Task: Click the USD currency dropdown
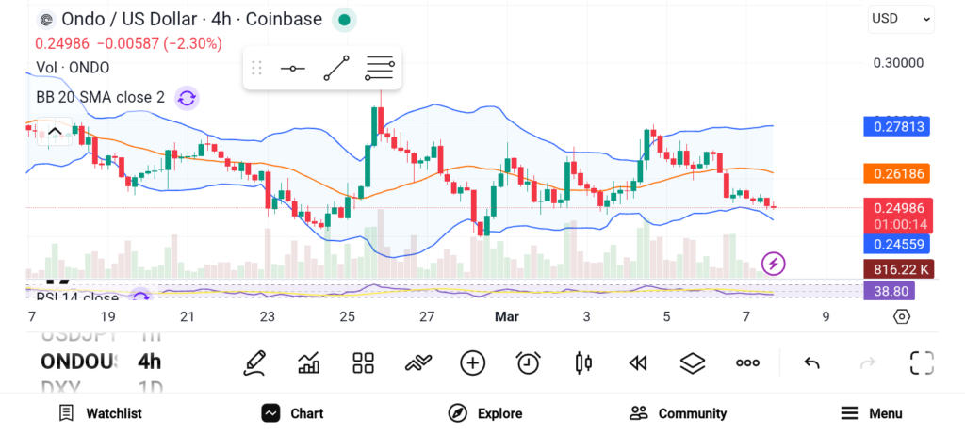click(901, 18)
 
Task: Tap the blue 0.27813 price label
click(898, 126)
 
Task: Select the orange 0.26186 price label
click(898, 173)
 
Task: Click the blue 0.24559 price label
click(898, 243)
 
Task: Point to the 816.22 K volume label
click(898, 268)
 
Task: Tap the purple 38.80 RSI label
click(889, 292)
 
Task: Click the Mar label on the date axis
click(507, 316)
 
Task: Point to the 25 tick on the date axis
click(348, 316)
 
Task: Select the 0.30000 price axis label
click(898, 63)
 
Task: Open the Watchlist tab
click(100, 413)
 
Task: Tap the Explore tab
click(485, 413)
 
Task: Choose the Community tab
click(678, 413)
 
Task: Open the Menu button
click(872, 413)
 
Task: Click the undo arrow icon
click(811, 362)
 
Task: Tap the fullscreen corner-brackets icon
click(922, 362)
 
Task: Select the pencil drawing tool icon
click(254, 362)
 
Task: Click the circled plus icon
click(473, 362)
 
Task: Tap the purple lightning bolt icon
click(774, 264)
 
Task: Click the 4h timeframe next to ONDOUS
click(149, 362)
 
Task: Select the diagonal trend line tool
click(336, 69)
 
